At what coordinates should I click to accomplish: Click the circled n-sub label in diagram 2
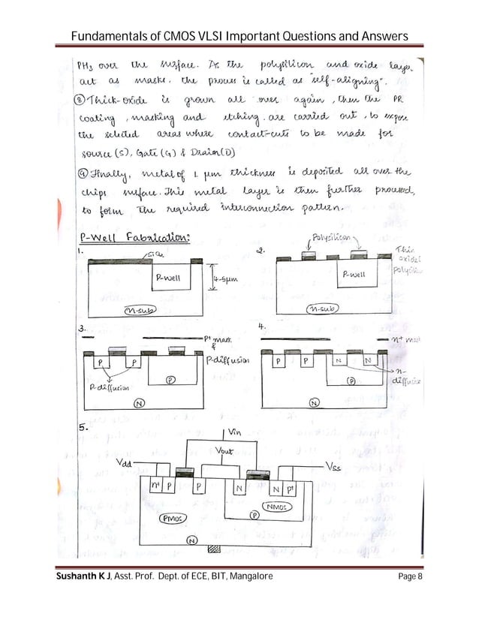point(328,308)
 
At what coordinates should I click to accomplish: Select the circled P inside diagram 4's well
point(351,381)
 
